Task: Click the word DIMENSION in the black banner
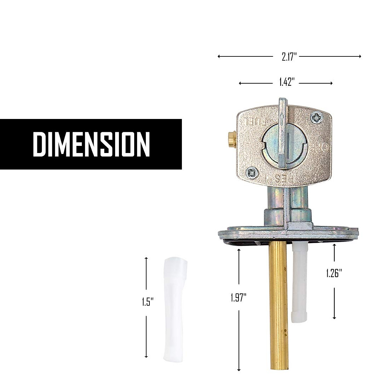pyautogui.click(x=91, y=144)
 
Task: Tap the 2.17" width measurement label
pyautogui.click(x=289, y=57)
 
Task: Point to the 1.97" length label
pyautogui.click(x=239, y=297)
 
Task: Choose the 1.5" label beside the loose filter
pyautogui.click(x=147, y=302)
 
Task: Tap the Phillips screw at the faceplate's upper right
pyautogui.click(x=316, y=118)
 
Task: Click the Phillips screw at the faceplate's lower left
pyautogui.click(x=252, y=172)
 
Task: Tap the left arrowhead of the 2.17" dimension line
pyautogui.click(x=219, y=56)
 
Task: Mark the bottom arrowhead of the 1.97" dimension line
pyautogui.click(x=239, y=370)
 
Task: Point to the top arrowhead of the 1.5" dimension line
pyautogui.click(x=146, y=258)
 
